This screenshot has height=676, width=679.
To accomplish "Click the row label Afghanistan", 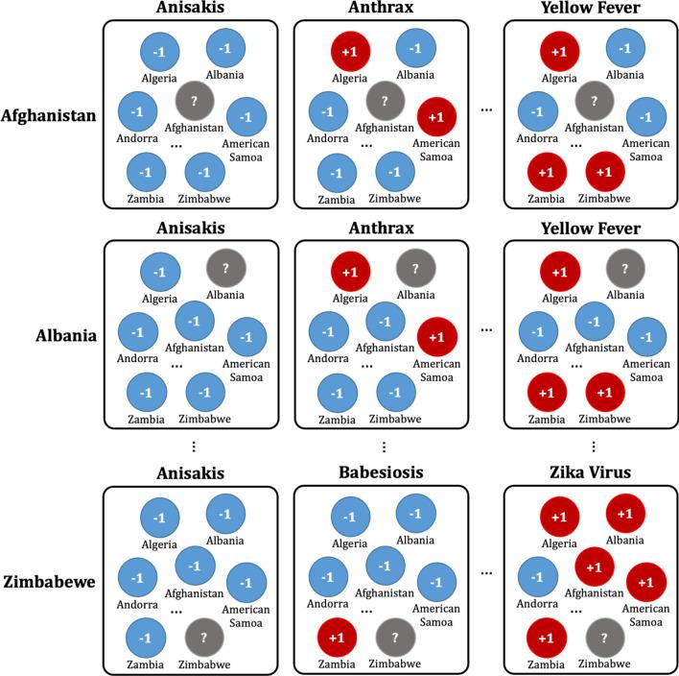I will point(49,115).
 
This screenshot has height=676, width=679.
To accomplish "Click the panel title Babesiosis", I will point(383,472).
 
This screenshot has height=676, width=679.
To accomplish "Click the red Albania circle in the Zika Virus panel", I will point(624,514).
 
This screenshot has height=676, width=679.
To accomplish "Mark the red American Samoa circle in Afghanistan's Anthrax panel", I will point(436,116).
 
